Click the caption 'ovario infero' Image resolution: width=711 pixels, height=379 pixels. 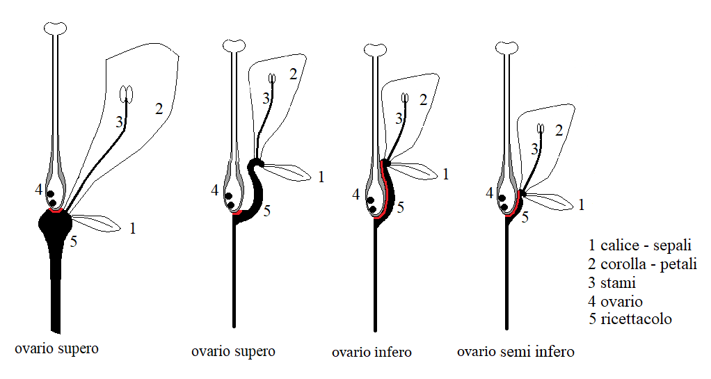click(372, 353)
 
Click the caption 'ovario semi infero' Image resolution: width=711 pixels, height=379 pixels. click(516, 352)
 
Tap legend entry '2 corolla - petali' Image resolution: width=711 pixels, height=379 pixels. click(642, 264)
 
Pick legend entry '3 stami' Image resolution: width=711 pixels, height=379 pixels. click(612, 283)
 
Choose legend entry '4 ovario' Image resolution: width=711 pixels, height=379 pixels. click(615, 302)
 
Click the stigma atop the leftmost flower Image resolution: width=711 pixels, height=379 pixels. click(55, 28)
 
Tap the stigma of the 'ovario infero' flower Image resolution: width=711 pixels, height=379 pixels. click(376, 50)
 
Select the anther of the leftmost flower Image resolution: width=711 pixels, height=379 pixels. click(126, 92)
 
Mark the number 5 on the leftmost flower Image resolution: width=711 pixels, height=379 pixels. click(74, 242)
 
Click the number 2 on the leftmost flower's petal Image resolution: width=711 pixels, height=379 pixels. click(159, 108)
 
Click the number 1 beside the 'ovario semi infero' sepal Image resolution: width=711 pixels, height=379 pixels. click(582, 204)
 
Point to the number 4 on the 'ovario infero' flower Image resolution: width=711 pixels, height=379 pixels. click(356, 195)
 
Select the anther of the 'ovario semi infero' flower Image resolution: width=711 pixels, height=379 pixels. click(541, 128)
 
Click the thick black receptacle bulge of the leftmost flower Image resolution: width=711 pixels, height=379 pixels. click(56, 226)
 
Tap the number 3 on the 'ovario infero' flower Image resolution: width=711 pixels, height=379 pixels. click(399, 119)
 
